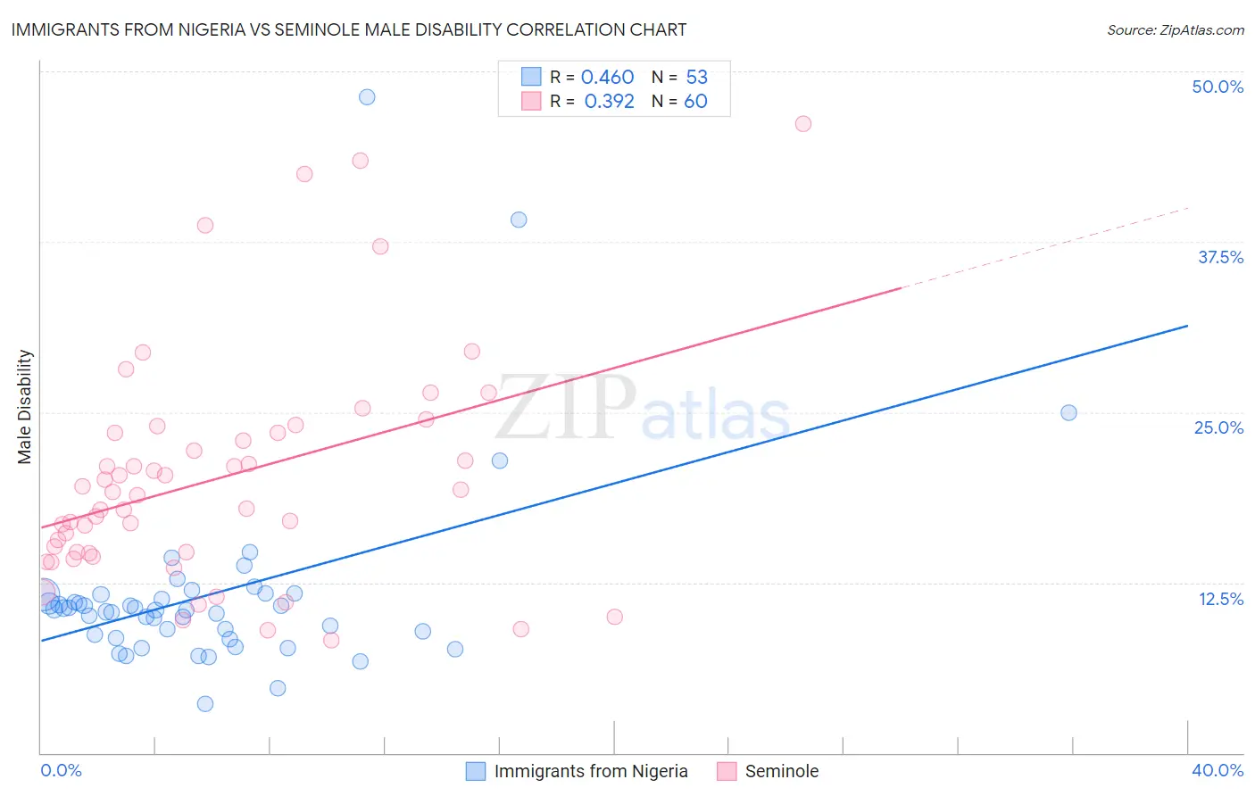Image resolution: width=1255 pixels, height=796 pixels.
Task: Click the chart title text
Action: (x=349, y=29)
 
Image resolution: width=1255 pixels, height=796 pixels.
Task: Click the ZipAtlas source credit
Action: (x=1175, y=29)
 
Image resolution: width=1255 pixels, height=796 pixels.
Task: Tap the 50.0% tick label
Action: (x=1218, y=87)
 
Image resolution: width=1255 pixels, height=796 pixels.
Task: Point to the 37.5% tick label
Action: (x=1220, y=257)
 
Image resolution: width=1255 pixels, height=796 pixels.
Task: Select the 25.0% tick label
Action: (x=1218, y=427)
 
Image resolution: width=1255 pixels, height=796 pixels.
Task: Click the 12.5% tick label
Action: (x=1220, y=599)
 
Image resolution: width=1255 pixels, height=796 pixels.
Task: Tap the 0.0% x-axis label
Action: (x=61, y=770)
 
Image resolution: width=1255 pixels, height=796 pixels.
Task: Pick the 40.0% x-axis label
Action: (x=1218, y=770)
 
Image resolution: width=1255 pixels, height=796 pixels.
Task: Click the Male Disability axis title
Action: (x=25, y=407)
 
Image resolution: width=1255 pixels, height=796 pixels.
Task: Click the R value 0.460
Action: (x=607, y=78)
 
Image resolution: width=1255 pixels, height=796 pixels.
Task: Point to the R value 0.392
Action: (x=609, y=102)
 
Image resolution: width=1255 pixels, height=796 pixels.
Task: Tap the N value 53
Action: (x=696, y=78)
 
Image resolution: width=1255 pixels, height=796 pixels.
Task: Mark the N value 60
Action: (x=695, y=102)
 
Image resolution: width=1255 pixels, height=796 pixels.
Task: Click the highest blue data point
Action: (x=367, y=97)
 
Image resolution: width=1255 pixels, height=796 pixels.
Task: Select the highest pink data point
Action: (x=803, y=124)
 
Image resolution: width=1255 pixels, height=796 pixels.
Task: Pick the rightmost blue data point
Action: (x=1068, y=412)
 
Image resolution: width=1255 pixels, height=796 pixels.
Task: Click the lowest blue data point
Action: (x=205, y=703)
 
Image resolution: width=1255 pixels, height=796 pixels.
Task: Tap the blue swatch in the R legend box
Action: (x=531, y=77)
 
